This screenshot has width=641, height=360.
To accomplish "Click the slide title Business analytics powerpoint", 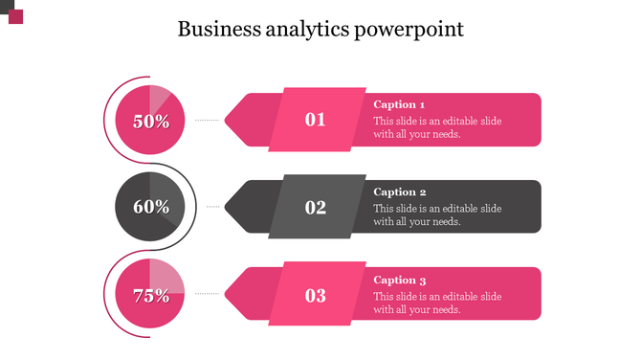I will (x=320, y=30).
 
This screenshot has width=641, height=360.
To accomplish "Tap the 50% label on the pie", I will (x=151, y=122).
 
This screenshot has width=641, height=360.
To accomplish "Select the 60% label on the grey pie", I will (x=151, y=207).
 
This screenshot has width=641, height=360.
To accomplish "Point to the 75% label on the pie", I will (x=151, y=296).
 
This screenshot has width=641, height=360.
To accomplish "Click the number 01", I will (x=316, y=120).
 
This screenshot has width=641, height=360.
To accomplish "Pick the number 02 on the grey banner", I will (x=316, y=207).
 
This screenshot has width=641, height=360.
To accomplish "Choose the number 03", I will (x=316, y=295).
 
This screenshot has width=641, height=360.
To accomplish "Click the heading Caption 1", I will (x=399, y=104).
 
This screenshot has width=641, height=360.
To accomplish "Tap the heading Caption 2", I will (x=399, y=191).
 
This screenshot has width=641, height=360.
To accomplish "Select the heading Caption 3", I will (x=399, y=280).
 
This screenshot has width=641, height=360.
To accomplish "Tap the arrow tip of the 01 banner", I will (x=233, y=120).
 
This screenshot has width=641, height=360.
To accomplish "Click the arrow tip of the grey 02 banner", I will (x=233, y=207).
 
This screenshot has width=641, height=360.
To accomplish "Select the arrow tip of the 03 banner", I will (x=233, y=295).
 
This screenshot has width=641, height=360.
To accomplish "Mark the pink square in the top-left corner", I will (x=15, y=17).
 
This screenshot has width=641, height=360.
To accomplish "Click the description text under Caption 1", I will (x=436, y=127).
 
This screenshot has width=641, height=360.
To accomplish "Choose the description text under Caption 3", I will (x=436, y=303).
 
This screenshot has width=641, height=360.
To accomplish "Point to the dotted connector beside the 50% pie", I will (x=208, y=120).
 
